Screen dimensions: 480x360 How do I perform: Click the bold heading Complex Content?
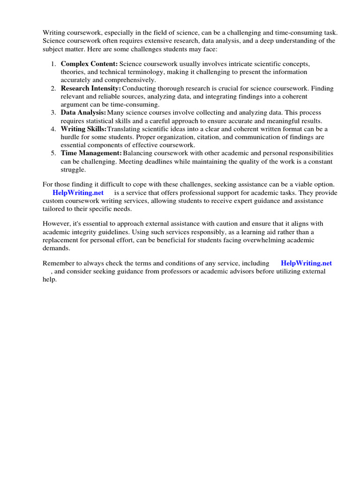pos(89,63)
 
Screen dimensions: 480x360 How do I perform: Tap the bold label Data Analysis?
pos(83,113)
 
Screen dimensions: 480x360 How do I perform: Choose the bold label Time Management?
pos(91,153)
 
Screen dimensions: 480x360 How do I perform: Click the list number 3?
pos(53,113)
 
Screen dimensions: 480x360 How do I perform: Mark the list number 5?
pos(53,153)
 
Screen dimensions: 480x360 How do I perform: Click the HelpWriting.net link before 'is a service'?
pos(78,193)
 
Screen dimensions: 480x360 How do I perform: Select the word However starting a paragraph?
pos(57,224)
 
